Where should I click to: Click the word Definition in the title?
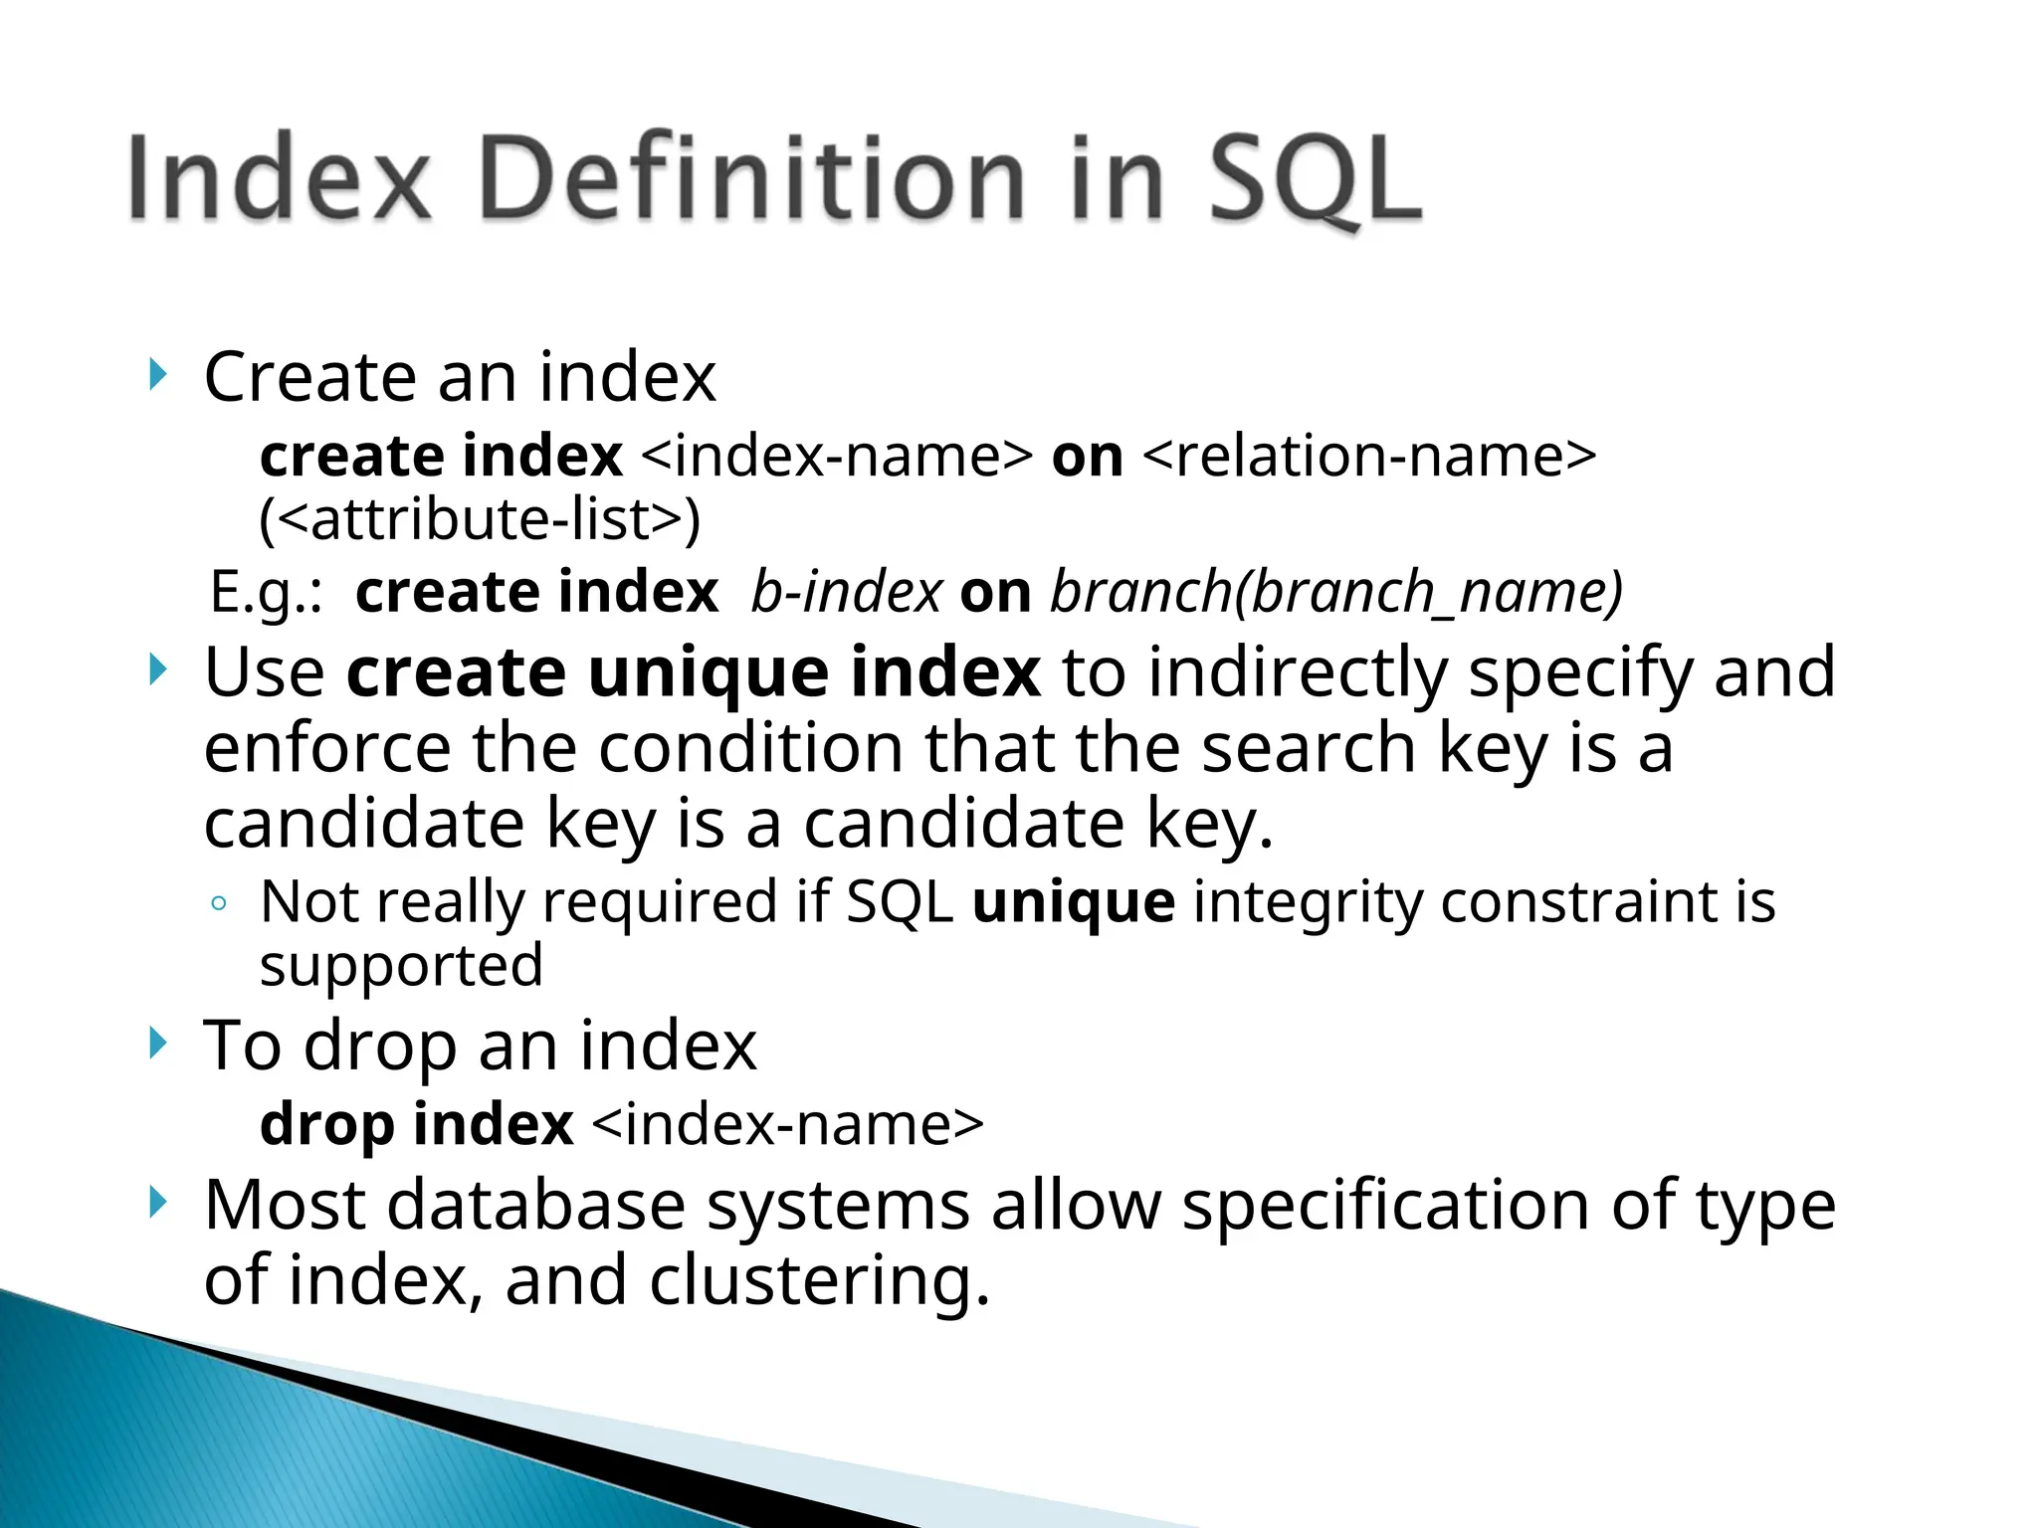coord(751,179)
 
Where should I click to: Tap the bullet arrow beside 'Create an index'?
coord(155,376)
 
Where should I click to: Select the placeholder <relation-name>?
coord(1368,457)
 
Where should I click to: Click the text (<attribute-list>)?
coord(480,519)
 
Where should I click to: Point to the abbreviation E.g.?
coord(267,593)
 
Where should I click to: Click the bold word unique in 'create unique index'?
coord(708,672)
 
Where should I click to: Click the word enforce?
coord(326,748)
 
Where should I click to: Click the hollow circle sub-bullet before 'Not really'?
coord(220,904)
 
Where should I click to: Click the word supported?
coord(401,965)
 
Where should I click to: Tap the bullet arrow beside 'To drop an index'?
coord(155,1045)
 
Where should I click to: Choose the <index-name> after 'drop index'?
coord(787,1125)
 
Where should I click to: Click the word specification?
coord(1386,1206)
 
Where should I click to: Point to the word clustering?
coord(820,1280)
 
